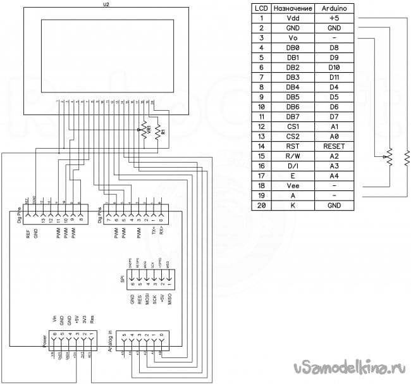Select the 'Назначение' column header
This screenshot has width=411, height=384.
(292, 8)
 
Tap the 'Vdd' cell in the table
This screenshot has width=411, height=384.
(292, 18)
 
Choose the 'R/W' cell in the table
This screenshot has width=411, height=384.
(292, 155)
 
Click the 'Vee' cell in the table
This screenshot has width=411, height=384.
(292, 185)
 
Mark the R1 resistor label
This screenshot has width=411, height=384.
(163, 132)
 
